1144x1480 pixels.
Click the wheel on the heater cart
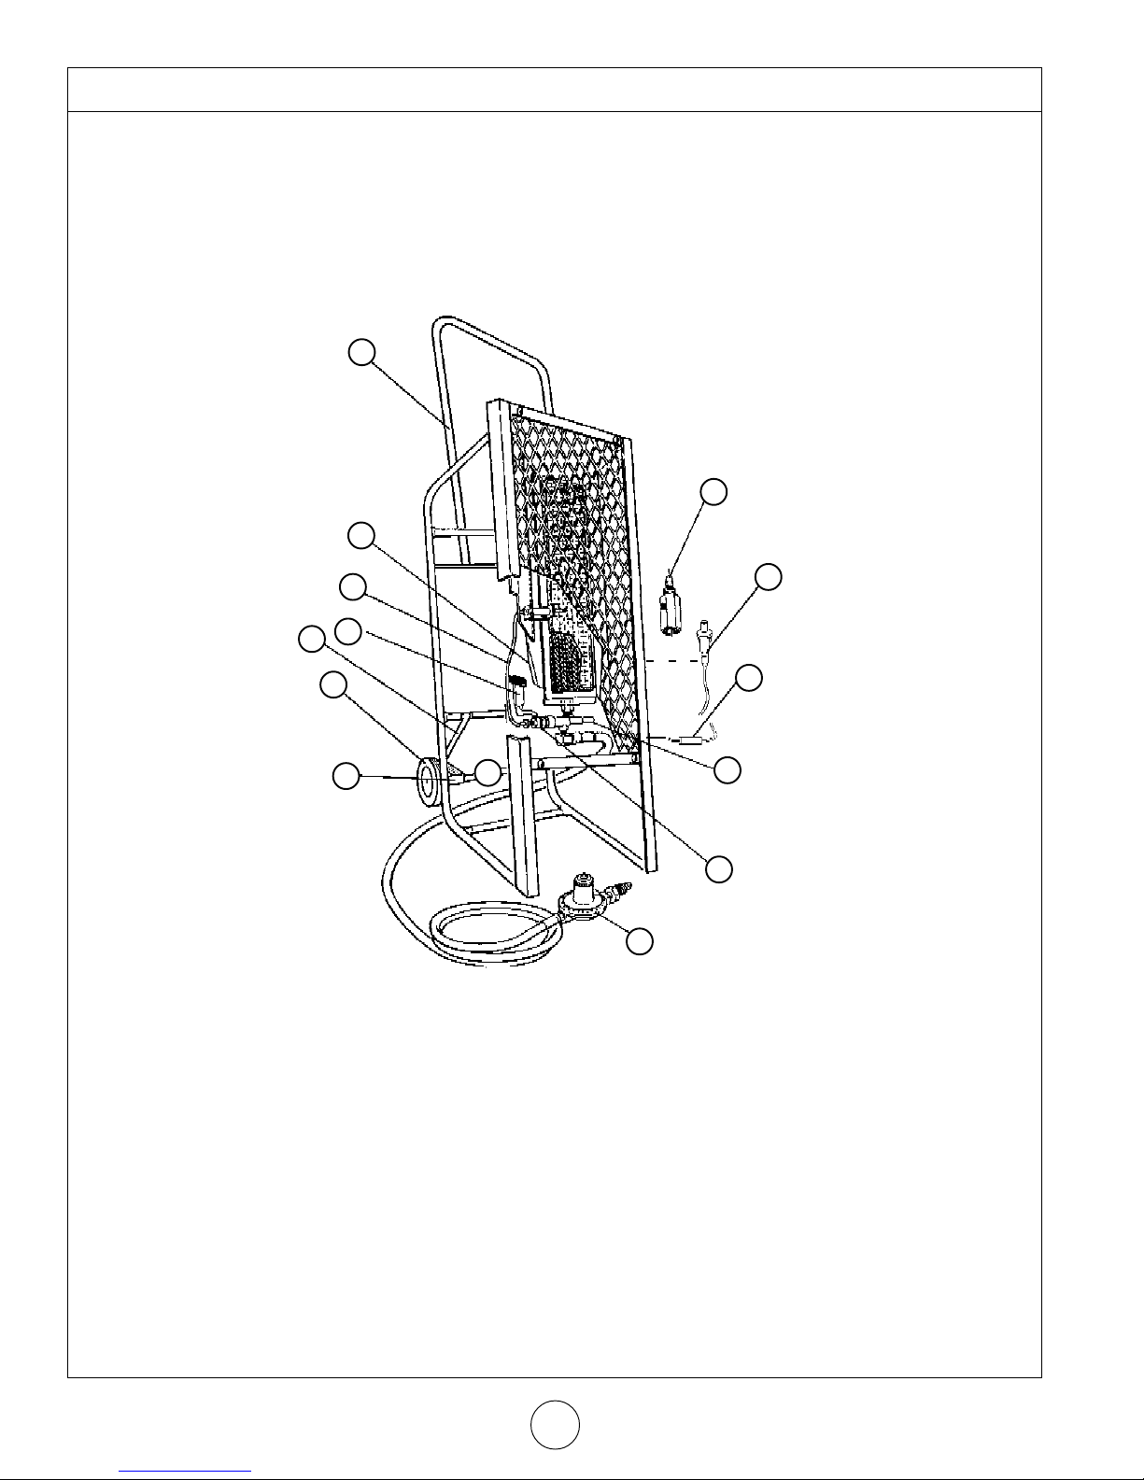tap(428, 782)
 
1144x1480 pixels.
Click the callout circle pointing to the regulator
tap(639, 941)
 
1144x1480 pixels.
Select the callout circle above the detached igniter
tap(714, 492)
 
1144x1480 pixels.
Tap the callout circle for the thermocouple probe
tap(768, 577)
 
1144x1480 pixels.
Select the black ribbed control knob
tap(516, 696)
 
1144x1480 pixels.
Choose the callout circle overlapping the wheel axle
tap(487, 772)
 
